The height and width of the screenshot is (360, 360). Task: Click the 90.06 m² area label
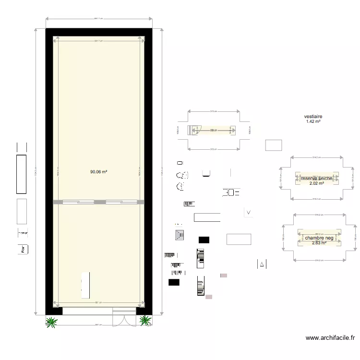[98, 171]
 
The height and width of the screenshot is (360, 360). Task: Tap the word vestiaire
[313, 117]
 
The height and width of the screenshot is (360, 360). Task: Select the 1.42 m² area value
[313, 122]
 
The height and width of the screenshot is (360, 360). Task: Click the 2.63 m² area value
[319, 243]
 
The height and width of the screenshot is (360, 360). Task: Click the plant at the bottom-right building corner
[144, 320]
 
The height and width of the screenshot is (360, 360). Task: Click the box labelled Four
[22, 249]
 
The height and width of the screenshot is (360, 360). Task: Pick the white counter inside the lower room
[85, 285]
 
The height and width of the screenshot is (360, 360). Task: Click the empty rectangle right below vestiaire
[273, 144]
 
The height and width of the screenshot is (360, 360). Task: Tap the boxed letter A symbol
[262, 264]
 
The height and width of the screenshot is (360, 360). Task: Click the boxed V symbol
[249, 212]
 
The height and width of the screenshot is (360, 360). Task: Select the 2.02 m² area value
[316, 183]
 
